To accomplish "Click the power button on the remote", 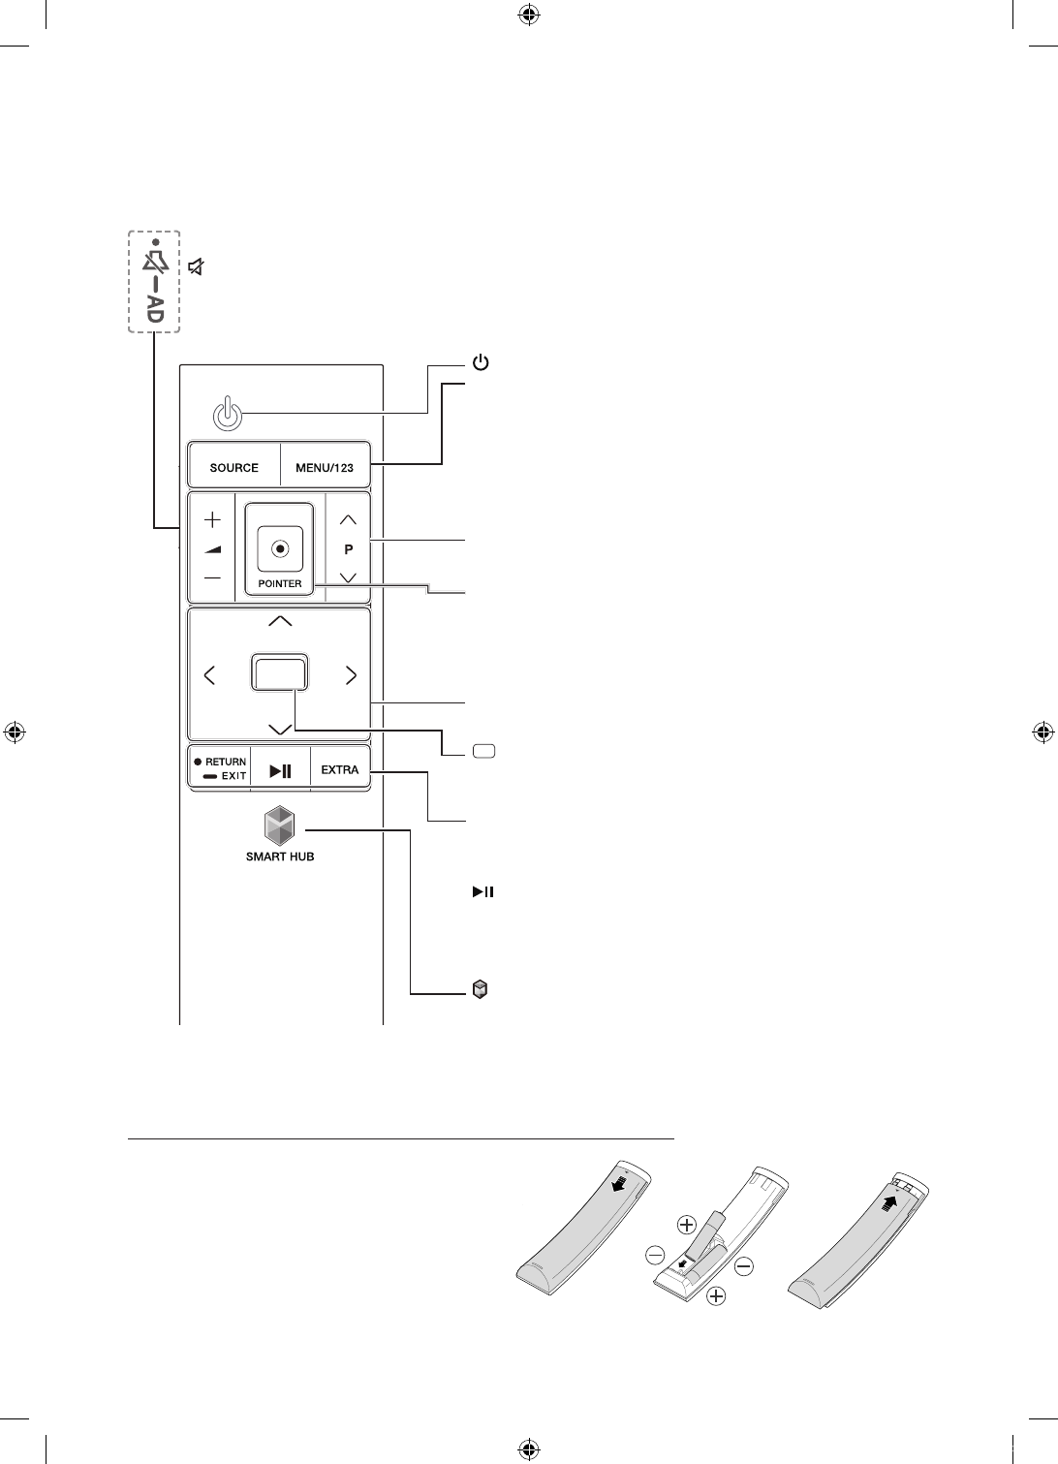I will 225,415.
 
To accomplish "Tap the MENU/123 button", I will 325,467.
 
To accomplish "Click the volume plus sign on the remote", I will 212,519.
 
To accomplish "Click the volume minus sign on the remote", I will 212,578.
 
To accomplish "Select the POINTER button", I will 280,548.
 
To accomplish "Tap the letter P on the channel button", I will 349,548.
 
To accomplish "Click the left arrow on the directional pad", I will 210,675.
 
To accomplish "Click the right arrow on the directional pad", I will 351,675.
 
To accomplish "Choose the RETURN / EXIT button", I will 220,770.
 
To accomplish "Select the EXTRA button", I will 340,770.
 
